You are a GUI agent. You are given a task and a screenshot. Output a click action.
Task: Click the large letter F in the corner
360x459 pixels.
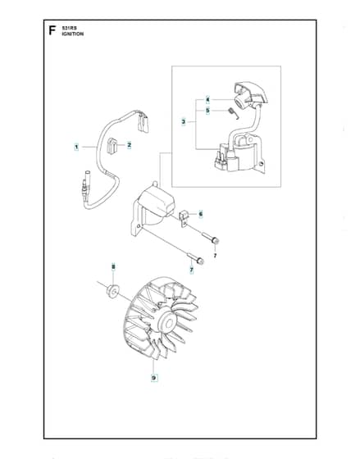click(x=52, y=30)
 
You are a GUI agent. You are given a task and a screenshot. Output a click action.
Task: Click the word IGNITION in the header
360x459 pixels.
click(x=73, y=34)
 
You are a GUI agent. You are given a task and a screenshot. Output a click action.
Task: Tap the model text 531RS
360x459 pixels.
click(x=69, y=28)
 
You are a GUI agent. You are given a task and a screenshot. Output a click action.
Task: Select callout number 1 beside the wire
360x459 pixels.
click(x=76, y=147)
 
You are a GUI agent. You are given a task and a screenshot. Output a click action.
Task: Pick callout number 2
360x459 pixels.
click(x=130, y=145)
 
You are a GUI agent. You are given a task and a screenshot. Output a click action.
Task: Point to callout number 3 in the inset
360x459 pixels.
click(x=184, y=121)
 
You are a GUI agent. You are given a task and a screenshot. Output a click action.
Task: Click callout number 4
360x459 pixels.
click(x=207, y=100)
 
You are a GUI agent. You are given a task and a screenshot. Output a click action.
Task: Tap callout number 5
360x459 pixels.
click(x=207, y=111)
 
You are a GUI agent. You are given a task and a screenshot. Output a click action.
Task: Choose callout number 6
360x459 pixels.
click(x=201, y=214)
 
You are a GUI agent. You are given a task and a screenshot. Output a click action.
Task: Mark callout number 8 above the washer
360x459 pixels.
click(x=113, y=266)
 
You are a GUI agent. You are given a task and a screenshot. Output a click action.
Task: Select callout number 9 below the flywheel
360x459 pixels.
click(x=154, y=378)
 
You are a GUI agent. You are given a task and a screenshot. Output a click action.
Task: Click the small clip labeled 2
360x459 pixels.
click(x=112, y=146)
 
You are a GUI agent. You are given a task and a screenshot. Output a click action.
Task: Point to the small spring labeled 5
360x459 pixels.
click(x=234, y=113)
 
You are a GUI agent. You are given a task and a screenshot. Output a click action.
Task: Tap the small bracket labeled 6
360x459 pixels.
click(x=183, y=218)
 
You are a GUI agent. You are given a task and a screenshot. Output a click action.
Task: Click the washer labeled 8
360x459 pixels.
click(x=112, y=291)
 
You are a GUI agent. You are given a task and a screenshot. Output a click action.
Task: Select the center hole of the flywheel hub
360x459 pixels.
click(x=170, y=324)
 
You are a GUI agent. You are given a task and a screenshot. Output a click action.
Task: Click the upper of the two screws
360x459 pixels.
click(x=210, y=237)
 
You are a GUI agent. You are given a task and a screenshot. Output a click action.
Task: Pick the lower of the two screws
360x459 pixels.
click(x=195, y=258)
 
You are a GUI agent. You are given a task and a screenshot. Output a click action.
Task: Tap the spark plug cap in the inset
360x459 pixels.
click(x=249, y=95)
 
